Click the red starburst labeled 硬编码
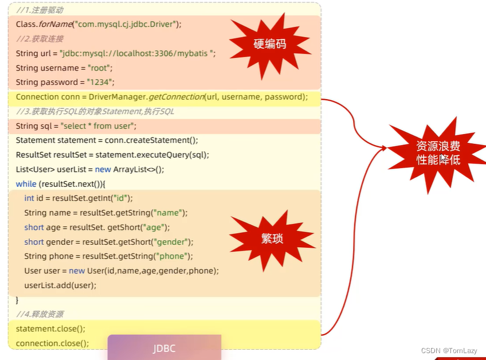pos(269,44)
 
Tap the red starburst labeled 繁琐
pos(272,239)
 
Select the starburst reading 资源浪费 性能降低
pos(438,153)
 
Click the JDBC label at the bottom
pos(164,349)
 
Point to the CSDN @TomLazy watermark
pos(449,350)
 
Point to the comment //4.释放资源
pos(40,314)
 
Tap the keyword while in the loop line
pos(26,183)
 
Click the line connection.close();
pos(52,343)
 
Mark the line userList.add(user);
pos(60,285)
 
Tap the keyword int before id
pos(29,198)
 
